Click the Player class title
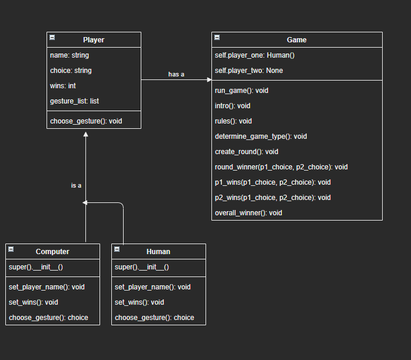pos(94,40)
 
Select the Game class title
pos(296,40)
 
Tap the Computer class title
pos(52,252)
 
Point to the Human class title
pos(158,252)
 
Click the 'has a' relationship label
pos(176,74)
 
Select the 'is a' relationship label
pos(76,185)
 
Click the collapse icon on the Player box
pos(52,37)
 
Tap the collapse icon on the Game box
pos(217,37)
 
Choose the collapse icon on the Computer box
pos(11,249)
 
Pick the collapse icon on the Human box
pos(117,249)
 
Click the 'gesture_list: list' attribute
pos(74,101)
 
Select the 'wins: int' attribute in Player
pos(63,86)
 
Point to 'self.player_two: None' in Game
pos(248,71)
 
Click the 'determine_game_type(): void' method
pos(261,136)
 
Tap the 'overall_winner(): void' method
pos(248,213)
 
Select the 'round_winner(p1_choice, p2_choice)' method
pos(281,167)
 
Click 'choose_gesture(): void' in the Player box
pos(86,121)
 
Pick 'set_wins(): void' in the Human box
pos(139,302)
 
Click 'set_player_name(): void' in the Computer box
pos(47,287)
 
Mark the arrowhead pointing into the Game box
pos(208,79)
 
